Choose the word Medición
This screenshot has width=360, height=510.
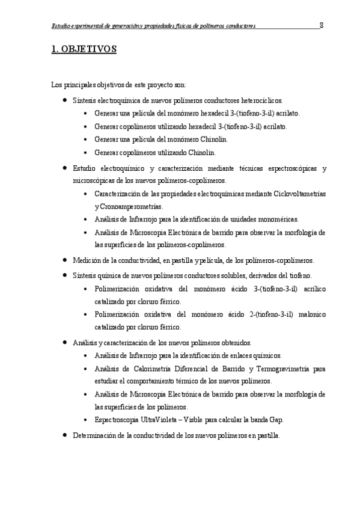click(x=87, y=260)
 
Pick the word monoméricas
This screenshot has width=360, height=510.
click(x=273, y=219)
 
